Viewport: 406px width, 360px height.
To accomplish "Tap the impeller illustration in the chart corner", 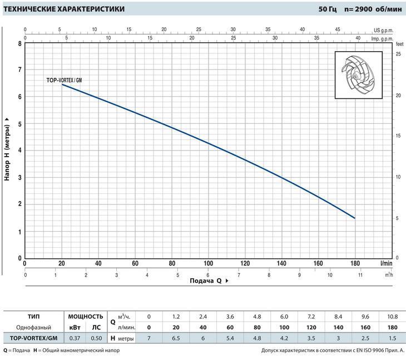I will (x=359, y=75).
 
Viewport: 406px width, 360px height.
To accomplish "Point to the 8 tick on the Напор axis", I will (x=19, y=43).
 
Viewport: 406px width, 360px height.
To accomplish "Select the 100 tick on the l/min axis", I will (x=208, y=263).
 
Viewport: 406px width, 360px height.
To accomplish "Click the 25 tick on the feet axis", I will (x=398, y=54).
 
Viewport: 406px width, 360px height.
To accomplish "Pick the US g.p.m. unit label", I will (x=383, y=29).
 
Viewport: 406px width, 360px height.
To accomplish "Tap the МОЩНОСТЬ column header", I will (x=85, y=316).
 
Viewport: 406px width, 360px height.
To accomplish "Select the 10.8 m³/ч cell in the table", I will (x=392, y=316).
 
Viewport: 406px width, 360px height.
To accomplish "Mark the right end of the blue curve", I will (x=354, y=218).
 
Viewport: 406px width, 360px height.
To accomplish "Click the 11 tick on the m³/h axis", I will (x=360, y=275).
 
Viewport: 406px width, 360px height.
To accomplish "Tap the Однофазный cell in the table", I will (x=33, y=327).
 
